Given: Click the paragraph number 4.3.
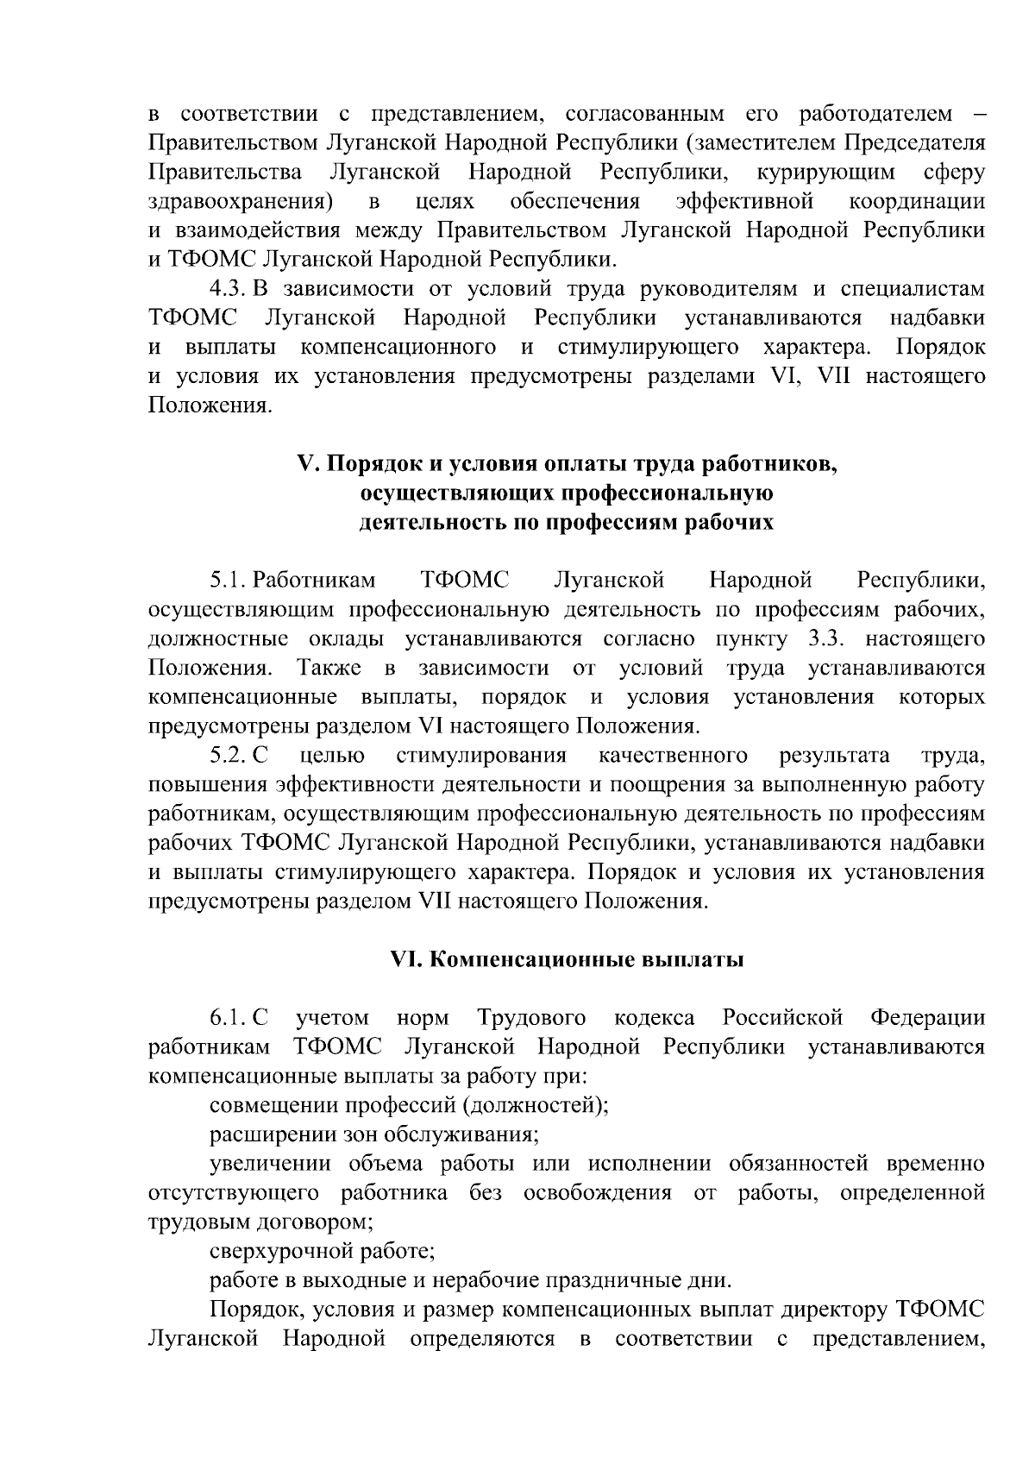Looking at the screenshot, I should click(x=228, y=288).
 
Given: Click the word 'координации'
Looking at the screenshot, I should click(x=916, y=201).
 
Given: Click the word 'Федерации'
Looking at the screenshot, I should click(x=927, y=1018).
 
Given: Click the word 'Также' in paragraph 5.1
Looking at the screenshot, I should click(x=322, y=668).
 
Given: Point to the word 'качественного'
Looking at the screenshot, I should click(x=673, y=756).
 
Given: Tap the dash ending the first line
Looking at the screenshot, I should click(x=976, y=114).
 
